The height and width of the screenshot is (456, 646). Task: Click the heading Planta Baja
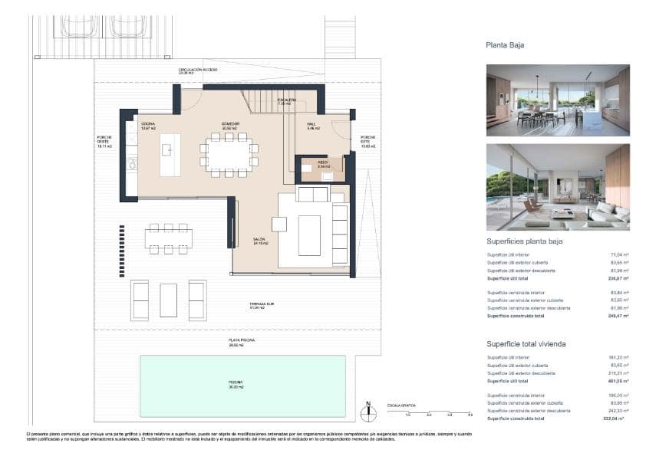(x=505, y=45)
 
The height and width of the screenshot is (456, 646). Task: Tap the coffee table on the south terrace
(x=169, y=300)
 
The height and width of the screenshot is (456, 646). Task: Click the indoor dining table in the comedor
(x=229, y=156)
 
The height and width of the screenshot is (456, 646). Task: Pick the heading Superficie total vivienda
(x=526, y=344)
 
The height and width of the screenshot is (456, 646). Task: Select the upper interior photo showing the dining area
(x=558, y=100)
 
